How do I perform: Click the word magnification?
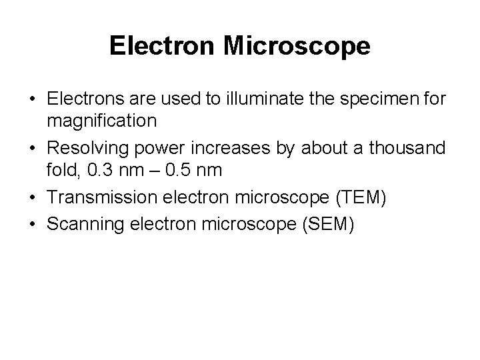(x=102, y=121)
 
